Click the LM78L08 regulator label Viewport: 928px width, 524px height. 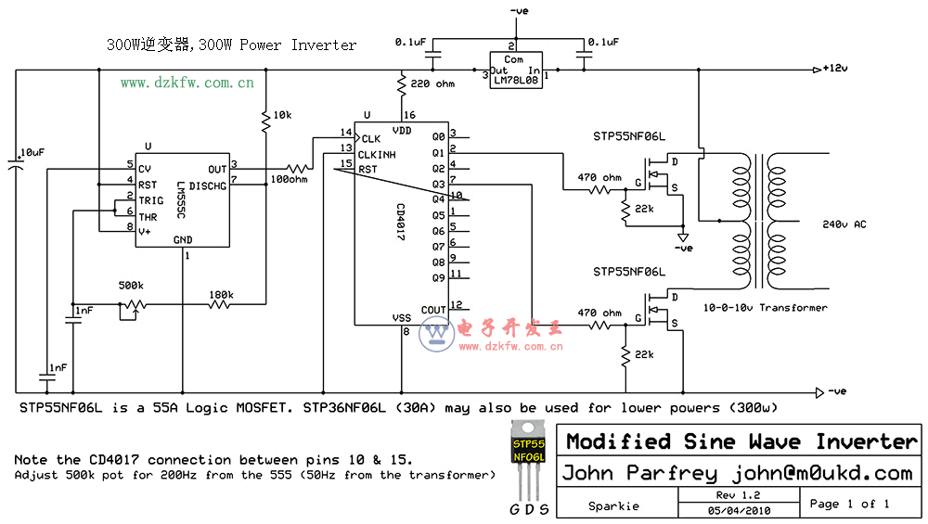point(515,81)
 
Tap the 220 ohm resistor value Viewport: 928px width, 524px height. point(432,84)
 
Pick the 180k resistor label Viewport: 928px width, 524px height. point(220,295)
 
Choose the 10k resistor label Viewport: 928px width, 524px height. point(282,115)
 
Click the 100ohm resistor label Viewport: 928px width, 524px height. point(290,178)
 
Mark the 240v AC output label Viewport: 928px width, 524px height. point(844,224)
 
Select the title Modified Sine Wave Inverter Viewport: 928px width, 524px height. point(741,441)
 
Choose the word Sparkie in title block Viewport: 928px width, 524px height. point(613,506)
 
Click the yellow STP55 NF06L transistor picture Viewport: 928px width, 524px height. point(529,454)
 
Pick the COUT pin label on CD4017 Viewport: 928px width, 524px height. point(432,310)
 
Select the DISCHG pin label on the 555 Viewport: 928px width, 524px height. point(208,185)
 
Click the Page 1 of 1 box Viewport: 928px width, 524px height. point(849,504)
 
